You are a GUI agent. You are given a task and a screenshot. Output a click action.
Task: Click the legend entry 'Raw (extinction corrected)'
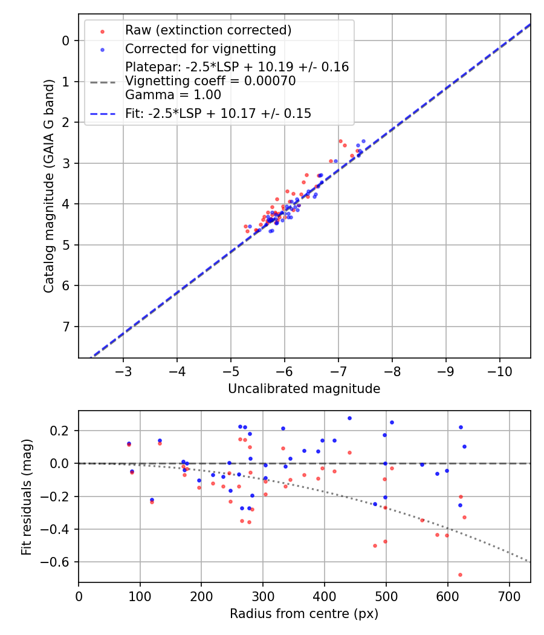[208, 30]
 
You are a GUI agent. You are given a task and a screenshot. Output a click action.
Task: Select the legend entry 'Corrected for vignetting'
[200, 49]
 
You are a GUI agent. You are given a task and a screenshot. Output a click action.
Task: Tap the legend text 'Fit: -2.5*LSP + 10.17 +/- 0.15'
[218, 114]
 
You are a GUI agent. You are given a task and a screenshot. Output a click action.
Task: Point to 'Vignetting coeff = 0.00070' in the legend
[210, 81]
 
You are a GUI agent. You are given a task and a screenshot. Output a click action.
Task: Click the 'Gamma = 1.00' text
[173, 95]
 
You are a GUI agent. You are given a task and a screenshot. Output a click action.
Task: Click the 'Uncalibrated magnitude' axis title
[304, 389]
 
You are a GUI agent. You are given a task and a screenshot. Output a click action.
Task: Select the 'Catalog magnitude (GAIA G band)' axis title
[50, 186]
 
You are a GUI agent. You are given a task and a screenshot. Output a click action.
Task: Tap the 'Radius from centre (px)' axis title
[304, 614]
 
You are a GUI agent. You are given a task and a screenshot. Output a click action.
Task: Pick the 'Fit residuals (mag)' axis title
[26, 497]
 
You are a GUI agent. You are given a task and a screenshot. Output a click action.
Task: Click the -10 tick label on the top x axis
[499, 370]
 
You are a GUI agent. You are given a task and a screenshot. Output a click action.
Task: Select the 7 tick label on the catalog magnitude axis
[66, 327]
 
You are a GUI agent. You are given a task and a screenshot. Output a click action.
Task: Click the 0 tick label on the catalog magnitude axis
[66, 41]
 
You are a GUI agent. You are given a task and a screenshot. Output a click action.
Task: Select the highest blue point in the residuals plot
[349, 418]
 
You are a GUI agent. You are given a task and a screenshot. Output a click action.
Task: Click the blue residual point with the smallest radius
[129, 443]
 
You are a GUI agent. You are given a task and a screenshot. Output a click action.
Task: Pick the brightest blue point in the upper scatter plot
[363, 141]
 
